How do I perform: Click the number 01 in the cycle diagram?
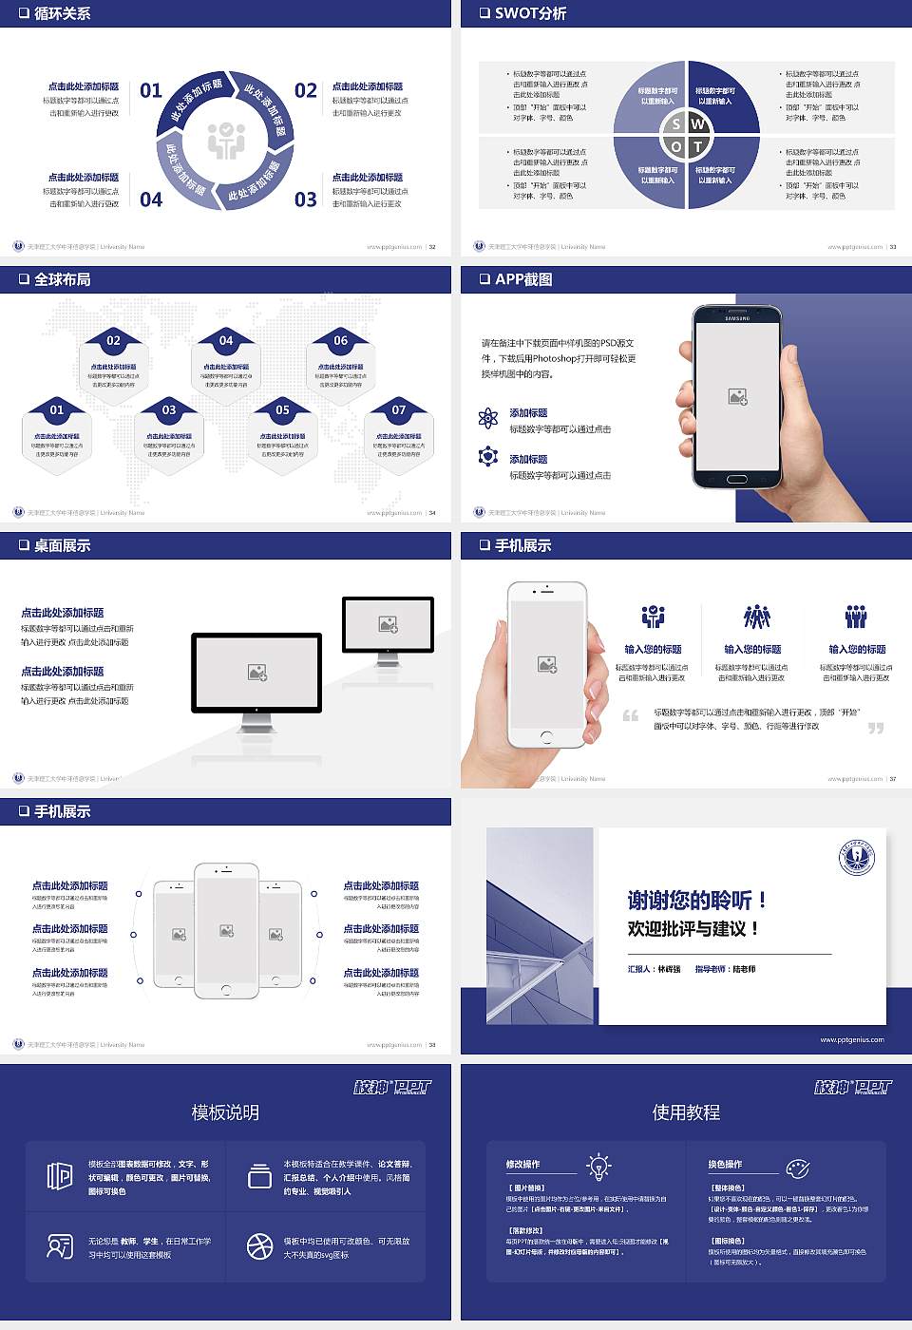click(x=151, y=90)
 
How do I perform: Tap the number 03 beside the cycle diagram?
click(x=306, y=199)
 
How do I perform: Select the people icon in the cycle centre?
click(x=226, y=141)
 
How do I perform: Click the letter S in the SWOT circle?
click(x=675, y=124)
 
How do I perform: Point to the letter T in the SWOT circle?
click(x=697, y=146)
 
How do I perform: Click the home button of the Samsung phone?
click(x=737, y=480)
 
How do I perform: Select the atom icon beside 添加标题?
click(x=488, y=418)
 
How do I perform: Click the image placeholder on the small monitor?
click(x=388, y=624)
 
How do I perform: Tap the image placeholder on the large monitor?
click(x=256, y=672)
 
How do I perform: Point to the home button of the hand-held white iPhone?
click(x=546, y=736)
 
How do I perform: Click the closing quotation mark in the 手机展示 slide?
click(x=875, y=728)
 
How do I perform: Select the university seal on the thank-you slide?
click(x=857, y=858)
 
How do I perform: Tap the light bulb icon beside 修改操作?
click(x=598, y=1166)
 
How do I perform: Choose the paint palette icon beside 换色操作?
click(x=797, y=1168)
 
